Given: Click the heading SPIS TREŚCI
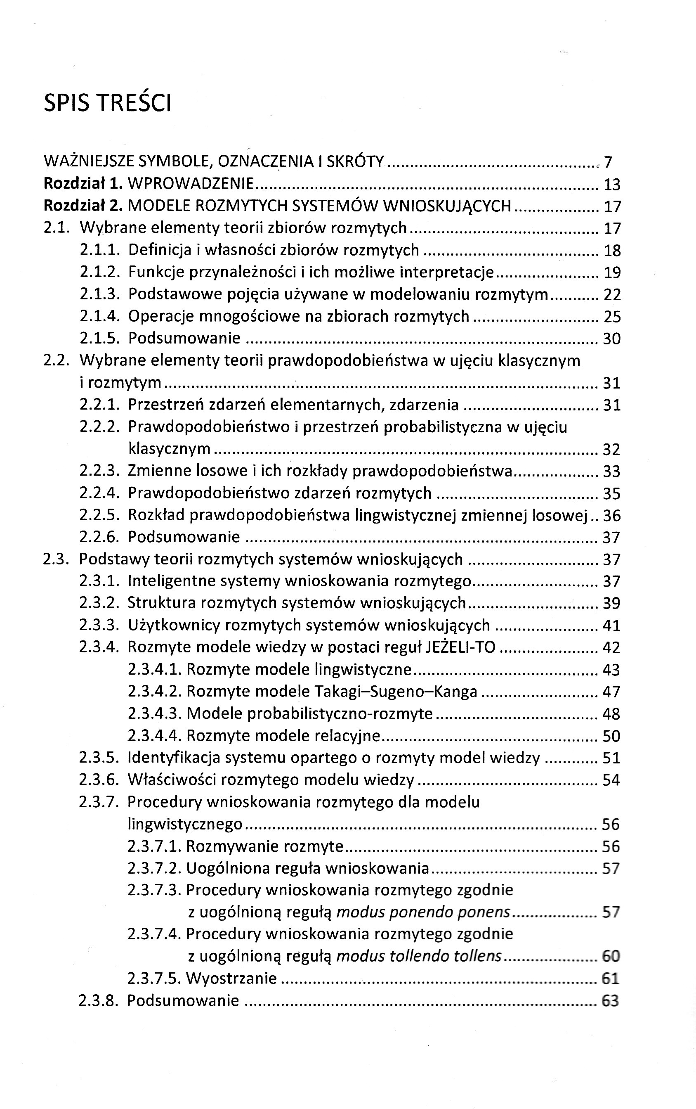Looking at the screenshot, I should [x=107, y=103].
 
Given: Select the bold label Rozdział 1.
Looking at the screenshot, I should [x=83, y=184].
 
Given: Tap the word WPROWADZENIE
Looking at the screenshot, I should [x=191, y=184].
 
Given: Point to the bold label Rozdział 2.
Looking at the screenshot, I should [x=83, y=206].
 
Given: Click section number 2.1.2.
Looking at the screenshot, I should [x=100, y=272].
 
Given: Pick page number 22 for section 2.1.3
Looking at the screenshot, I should [x=612, y=295].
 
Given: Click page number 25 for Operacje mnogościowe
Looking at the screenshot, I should [x=612, y=317].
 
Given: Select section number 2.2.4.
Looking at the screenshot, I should [x=100, y=493].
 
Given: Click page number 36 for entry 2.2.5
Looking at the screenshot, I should [x=612, y=515].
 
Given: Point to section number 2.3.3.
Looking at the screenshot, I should [x=100, y=626].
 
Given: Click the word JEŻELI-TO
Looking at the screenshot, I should [x=461, y=647].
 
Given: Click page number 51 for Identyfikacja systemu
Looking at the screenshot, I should [x=611, y=758].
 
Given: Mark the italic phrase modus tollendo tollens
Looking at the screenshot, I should [x=419, y=957].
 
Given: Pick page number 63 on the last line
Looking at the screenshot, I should [x=610, y=1001].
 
